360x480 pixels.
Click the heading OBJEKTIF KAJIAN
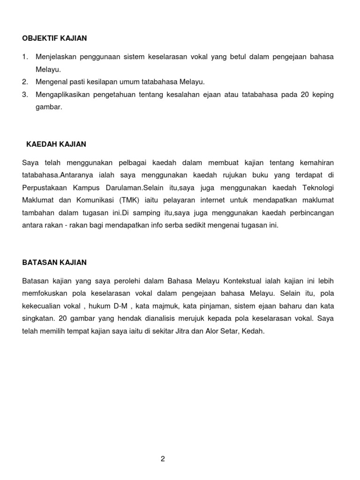tap(54, 38)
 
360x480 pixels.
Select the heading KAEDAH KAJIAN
tap(56, 144)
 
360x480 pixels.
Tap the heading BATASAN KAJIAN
tap(54, 262)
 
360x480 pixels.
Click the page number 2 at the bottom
tap(163, 459)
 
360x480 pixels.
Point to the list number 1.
tap(25, 57)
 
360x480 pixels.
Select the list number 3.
tap(25, 95)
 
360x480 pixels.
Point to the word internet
tap(212, 200)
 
